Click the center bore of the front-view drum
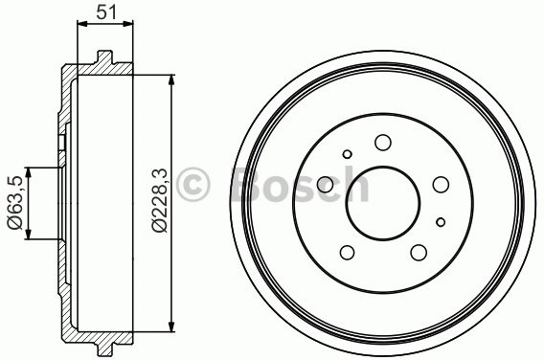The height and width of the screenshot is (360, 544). pyautogui.click(x=383, y=204)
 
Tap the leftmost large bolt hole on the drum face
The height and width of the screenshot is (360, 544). pyautogui.click(x=326, y=184)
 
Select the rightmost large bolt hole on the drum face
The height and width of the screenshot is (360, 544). pyautogui.click(x=442, y=185)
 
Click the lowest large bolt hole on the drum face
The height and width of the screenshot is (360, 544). pyautogui.click(x=419, y=253)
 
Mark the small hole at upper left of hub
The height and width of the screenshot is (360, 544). pyautogui.click(x=348, y=153)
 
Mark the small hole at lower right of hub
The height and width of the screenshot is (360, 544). pyautogui.click(x=440, y=222)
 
